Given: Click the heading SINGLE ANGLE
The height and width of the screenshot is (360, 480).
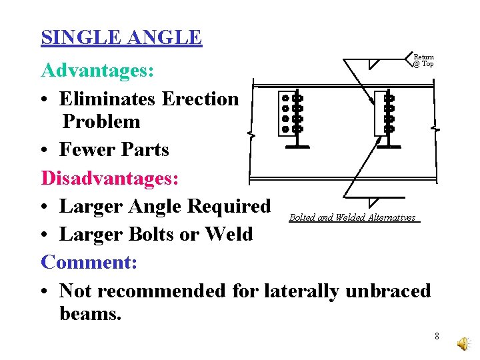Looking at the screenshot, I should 121,37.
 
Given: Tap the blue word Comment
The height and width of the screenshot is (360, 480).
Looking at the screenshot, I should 89,262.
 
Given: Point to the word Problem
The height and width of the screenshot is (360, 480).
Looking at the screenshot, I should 101,121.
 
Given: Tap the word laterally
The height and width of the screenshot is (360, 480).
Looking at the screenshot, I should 301,291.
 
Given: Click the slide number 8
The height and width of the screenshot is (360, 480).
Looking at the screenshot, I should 437,336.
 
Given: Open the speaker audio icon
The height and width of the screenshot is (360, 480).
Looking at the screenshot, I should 463,342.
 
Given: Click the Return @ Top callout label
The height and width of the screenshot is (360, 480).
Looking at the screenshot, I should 423,61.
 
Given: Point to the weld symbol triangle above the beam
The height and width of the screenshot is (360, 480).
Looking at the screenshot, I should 374,64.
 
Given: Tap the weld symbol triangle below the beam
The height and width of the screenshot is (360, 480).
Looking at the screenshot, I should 374,202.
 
